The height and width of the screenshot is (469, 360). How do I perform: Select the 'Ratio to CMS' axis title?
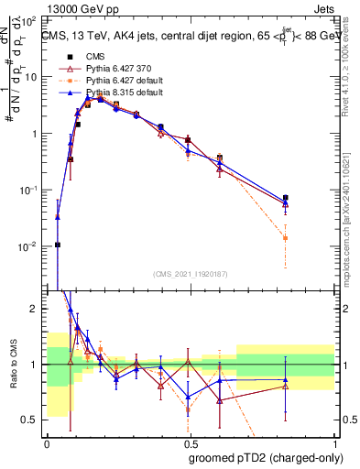(x=13, y=365)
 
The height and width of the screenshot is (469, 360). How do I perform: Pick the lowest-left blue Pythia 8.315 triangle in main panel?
(x=58, y=218)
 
